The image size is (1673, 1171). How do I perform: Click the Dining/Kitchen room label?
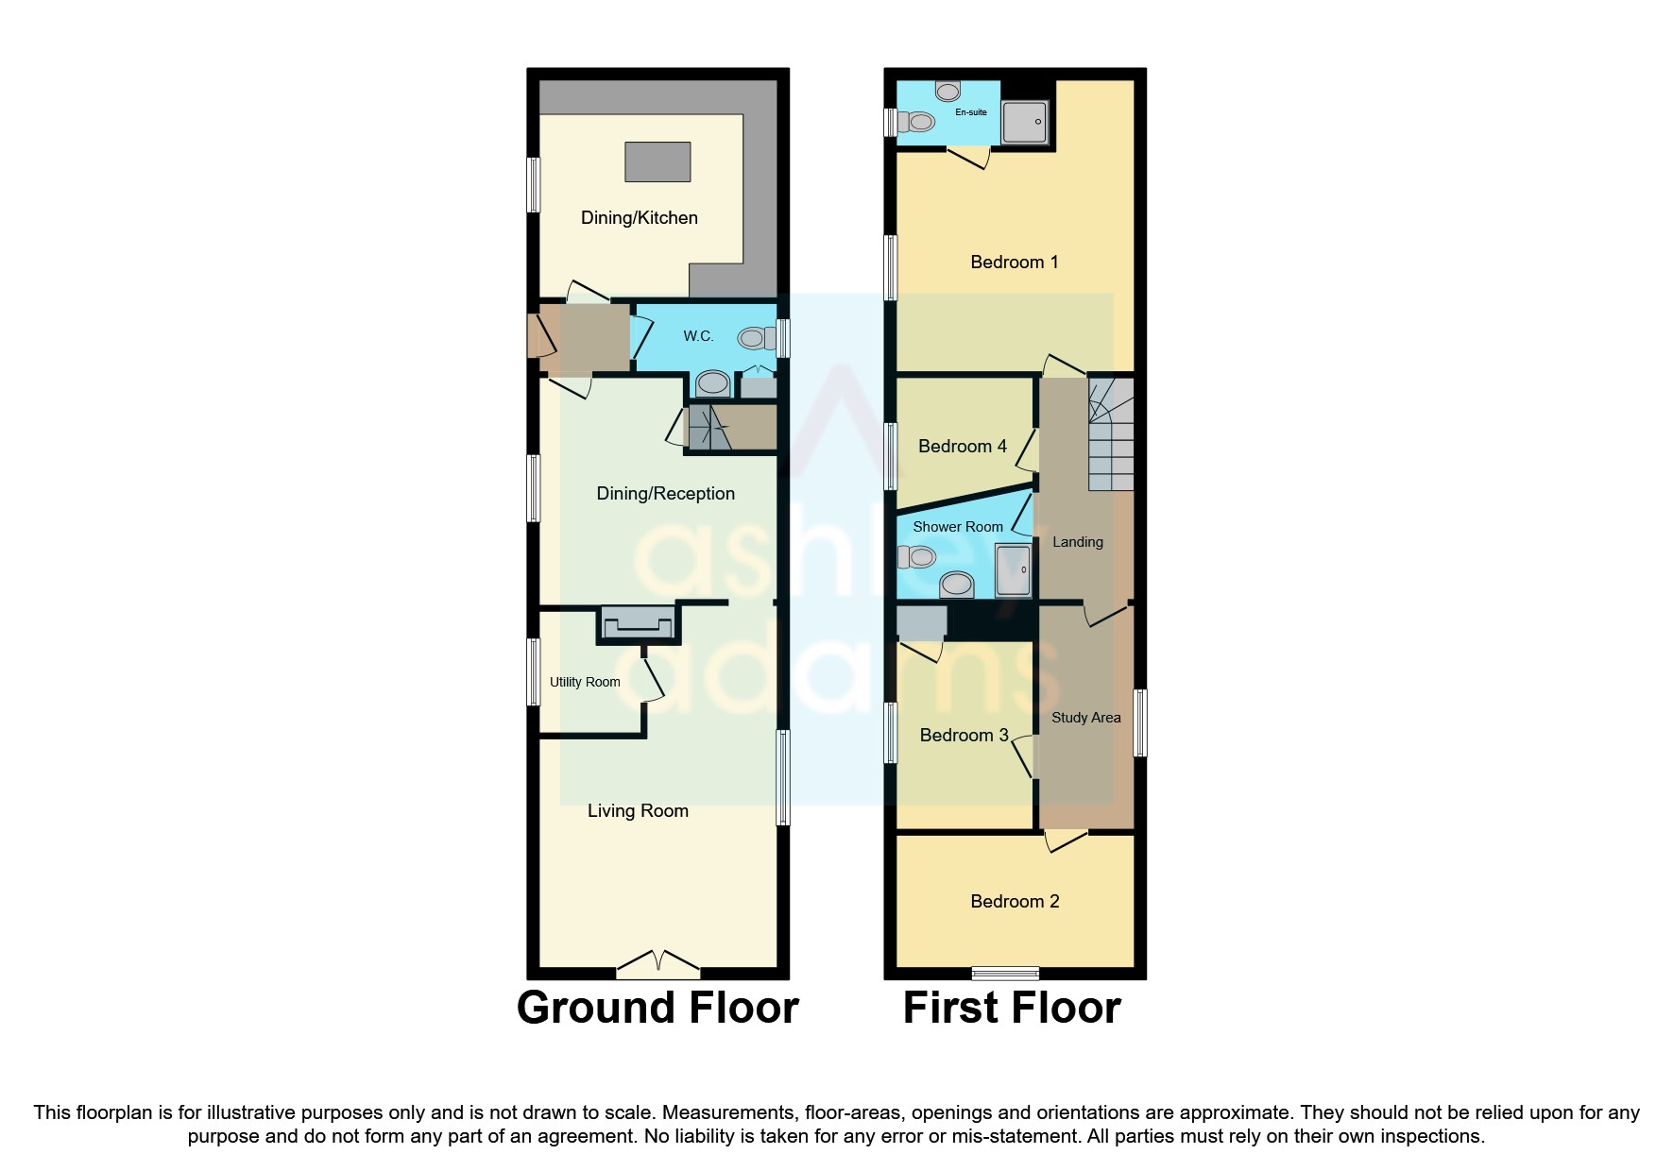(639, 218)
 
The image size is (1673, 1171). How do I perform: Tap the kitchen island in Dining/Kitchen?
(657, 161)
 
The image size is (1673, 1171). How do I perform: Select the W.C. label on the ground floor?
(698, 336)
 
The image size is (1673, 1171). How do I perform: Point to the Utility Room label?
(585, 682)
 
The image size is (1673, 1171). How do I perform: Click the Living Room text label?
(638, 811)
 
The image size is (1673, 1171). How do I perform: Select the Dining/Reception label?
(665, 494)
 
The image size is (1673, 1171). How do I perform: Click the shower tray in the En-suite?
(1024, 122)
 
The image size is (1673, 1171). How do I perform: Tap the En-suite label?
(970, 112)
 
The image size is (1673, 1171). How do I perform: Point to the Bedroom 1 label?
(1014, 263)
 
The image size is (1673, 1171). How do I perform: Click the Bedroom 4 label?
(962, 447)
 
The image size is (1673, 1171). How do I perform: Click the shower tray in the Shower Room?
(1013, 569)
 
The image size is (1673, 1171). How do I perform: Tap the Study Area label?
(1085, 718)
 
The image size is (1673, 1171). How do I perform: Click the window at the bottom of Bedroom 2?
(1005, 973)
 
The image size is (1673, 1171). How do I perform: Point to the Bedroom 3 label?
(964, 736)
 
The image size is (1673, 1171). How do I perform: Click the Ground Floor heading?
(657, 1008)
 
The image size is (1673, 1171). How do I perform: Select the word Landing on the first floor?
(1077, 542)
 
